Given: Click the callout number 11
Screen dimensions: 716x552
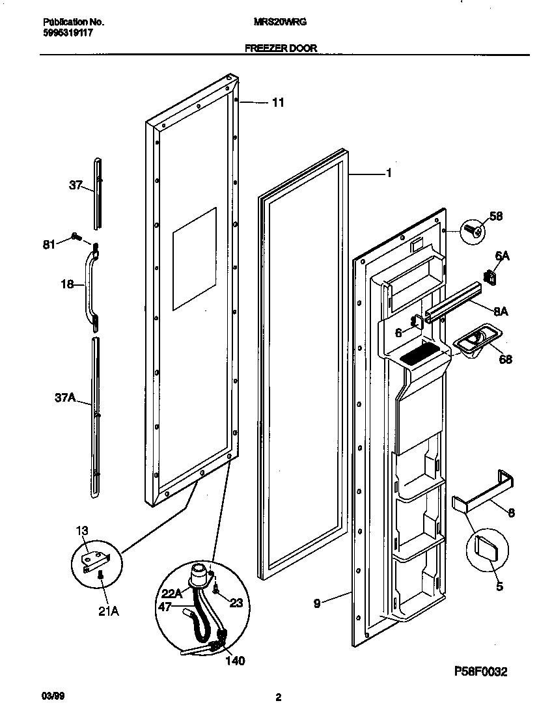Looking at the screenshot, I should click(x=278, y=102).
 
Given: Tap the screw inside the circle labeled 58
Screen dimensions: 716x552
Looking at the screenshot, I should click(x=475, y=231).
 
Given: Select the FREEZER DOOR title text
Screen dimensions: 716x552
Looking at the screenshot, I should click(x=281, y=48).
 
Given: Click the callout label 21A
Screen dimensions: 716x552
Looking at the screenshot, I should click(x=109, y=611).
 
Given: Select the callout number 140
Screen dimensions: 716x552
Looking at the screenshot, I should click(x=235, y=661).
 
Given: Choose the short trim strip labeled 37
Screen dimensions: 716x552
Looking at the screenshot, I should click(x=98, y=193).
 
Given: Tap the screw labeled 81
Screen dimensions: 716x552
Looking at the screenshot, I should click(x=76, y=238).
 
